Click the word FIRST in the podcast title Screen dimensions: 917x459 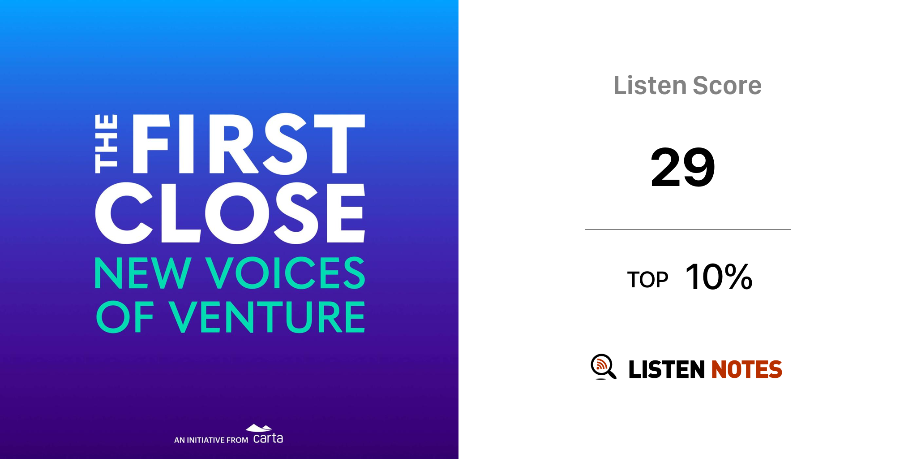[249, 143]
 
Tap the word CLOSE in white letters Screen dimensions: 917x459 [230, 213]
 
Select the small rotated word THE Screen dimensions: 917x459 [106, 144]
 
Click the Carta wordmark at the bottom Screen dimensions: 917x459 [268, 438]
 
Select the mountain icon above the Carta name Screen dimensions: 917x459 [259, 428]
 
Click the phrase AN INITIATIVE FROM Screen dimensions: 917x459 [211, 440]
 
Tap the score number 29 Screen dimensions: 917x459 [683, 167]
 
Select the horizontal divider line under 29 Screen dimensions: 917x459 [688, 229]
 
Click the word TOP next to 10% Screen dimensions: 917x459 [647, 280]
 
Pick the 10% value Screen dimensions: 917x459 [719, 277]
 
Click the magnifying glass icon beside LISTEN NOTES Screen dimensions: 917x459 [603, 367]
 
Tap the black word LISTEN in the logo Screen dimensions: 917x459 [667, 369]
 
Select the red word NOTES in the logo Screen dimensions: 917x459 [747, 369]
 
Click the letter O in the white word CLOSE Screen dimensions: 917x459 [237, 213]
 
